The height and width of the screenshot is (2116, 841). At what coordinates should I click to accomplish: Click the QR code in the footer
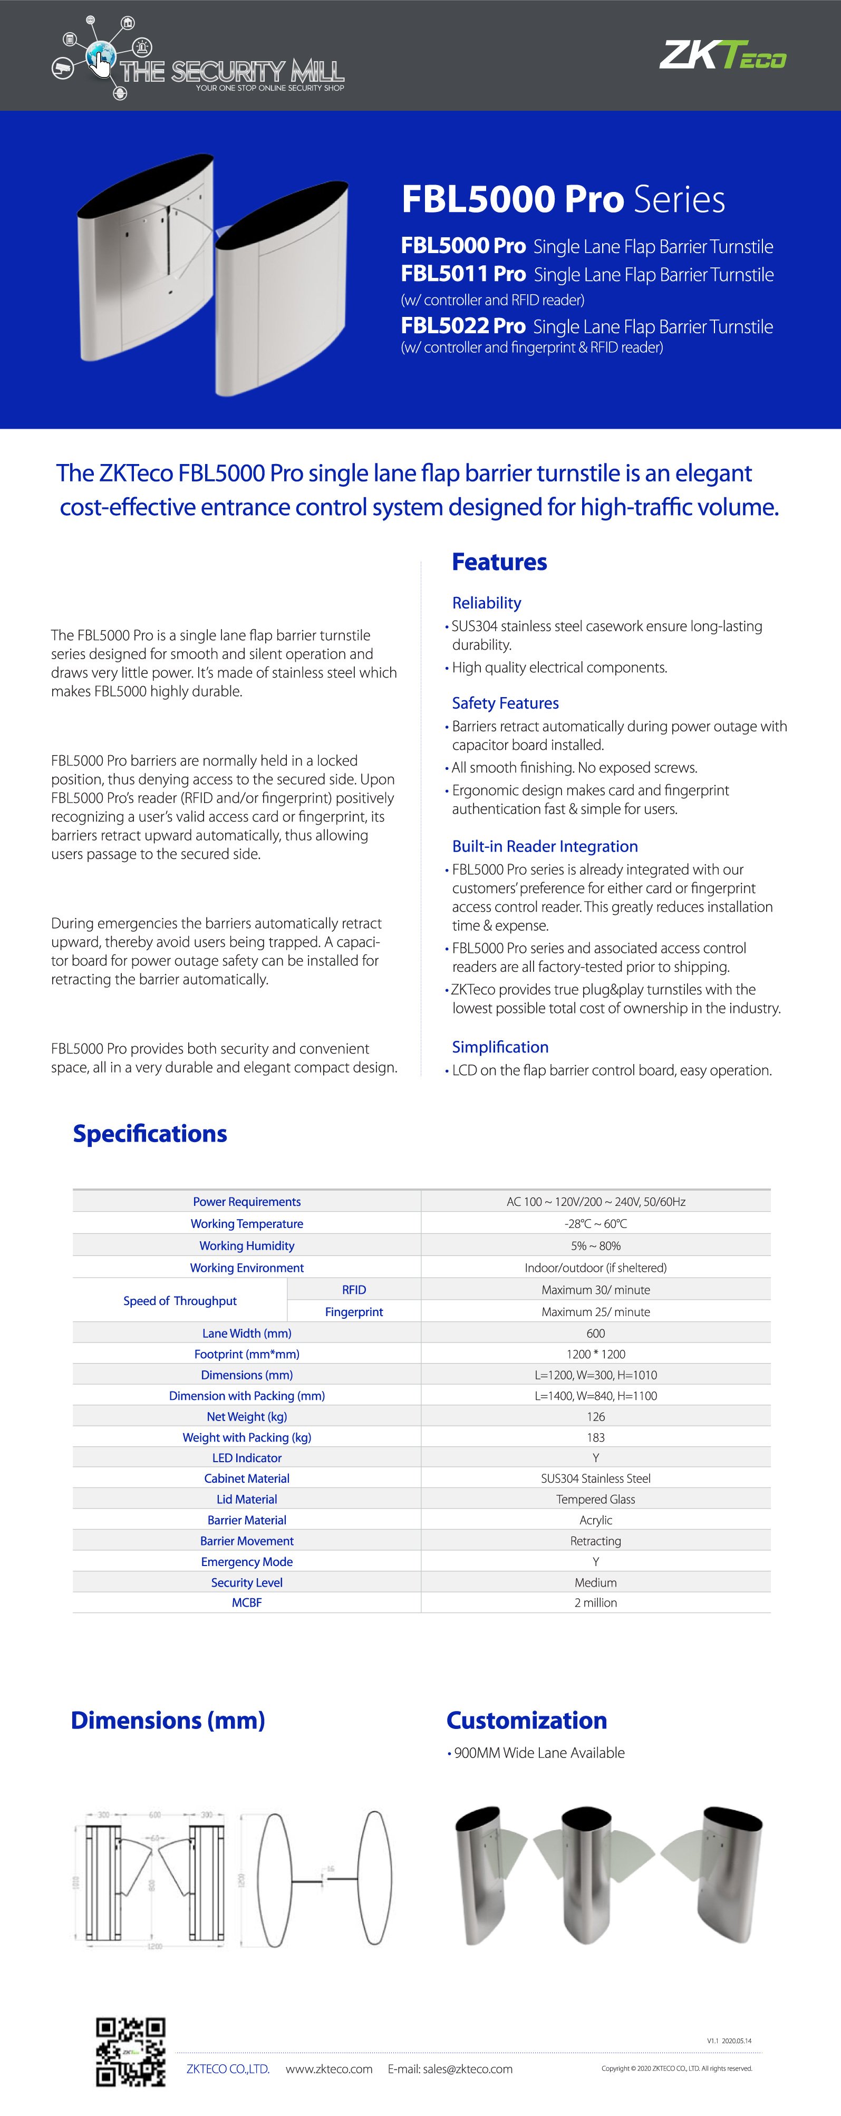pyautogui.click(x=131, y=2051)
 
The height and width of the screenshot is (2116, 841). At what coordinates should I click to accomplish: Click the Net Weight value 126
pyautogui.click(x=595, y=1416)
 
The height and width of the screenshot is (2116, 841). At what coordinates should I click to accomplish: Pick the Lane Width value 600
pyautogui.click(x=595, y=1333)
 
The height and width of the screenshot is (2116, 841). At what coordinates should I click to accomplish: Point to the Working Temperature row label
pyautogui.click(x=246, y=1224)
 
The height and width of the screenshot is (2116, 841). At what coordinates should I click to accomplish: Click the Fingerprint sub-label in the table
pyautogui.click(x=354, y=1312)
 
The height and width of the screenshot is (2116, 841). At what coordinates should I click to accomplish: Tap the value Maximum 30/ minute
pyautogui.click(x=595, y=1290)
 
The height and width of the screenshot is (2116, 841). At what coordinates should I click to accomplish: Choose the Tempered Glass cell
pyautogui.click(x=595, y=1499)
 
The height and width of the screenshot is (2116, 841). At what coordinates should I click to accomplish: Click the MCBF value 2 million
pyautogui.click(x=595, y=1602)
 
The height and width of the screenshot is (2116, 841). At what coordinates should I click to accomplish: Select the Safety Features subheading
pyautogui.click(x=505, y=703)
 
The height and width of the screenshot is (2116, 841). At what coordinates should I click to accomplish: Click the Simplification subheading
pyautogui.click(x=500, y=1047)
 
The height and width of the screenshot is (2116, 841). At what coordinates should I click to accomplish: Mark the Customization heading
pyautogui.click(x=526, y=1720)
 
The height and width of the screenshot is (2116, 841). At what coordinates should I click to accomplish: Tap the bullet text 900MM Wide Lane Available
pyautogui.click(x=539, y=1753)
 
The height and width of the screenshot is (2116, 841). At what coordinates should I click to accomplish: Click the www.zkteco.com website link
pyautogui.click(x=328, y=2069)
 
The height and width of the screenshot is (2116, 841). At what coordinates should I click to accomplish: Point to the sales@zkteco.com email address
pyautogui.click(x=467, y=2069)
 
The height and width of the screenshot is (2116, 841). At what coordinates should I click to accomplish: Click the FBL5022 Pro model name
pyautogui.click(x=463, y=325)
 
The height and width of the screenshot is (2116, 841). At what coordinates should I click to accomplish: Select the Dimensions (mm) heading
pyautogui.click(x=168, y=1720)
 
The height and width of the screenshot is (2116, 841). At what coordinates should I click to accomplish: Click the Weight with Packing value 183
pyautogui.click(x=595, y=1437)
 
